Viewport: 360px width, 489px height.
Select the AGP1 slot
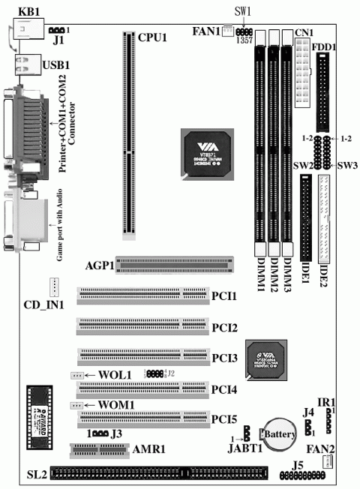click(174, 265)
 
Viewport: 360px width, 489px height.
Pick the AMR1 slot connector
click(99, 450)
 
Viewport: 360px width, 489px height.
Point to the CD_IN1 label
click(43, 304)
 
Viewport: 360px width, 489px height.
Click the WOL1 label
click(115, 375)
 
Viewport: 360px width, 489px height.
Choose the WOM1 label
click(115, 406)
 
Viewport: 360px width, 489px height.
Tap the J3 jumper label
click(116, 433)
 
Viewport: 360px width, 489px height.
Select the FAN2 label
click(330, 449)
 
